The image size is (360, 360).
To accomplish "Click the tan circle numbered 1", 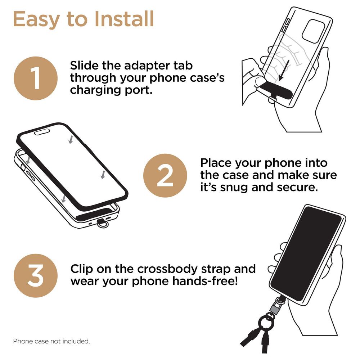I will click(35, 78).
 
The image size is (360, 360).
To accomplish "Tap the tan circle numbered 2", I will click(165, 176).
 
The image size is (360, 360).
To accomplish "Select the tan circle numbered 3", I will click(35, 275).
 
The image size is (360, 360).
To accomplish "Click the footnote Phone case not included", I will click(51, 341).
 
